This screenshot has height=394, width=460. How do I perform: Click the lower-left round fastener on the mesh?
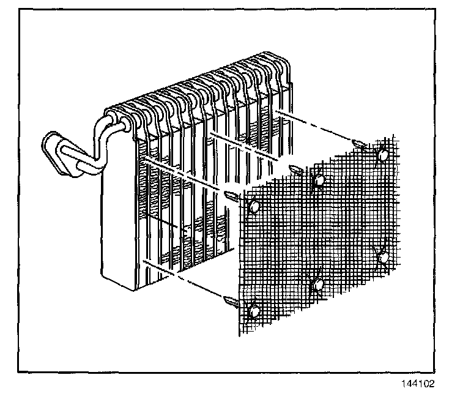(x=254, y=311)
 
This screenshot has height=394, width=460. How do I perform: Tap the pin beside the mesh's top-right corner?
(x=360, y=144)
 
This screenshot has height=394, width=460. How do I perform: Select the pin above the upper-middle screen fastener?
(x=294, y=169)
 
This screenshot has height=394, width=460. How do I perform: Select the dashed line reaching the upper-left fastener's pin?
(x=184, y=177)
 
